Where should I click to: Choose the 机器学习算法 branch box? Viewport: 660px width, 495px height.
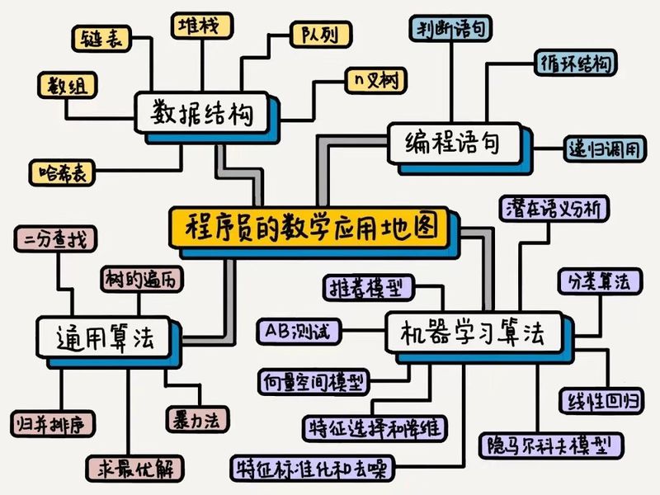(x=473, y=333)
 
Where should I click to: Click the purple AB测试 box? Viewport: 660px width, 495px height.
(x=298, y=331)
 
